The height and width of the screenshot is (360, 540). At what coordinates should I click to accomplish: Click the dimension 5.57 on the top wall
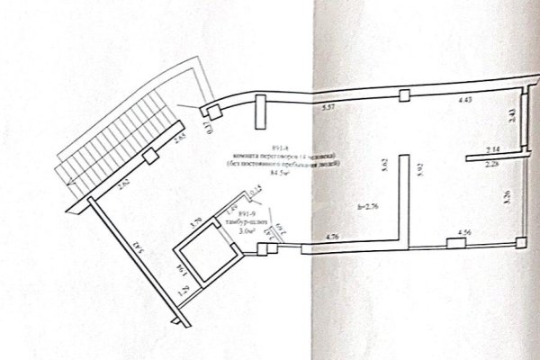[328, 108]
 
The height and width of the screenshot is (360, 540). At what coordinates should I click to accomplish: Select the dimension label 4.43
[465, 101]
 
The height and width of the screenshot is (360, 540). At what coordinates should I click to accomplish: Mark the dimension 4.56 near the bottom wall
[465, 233]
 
